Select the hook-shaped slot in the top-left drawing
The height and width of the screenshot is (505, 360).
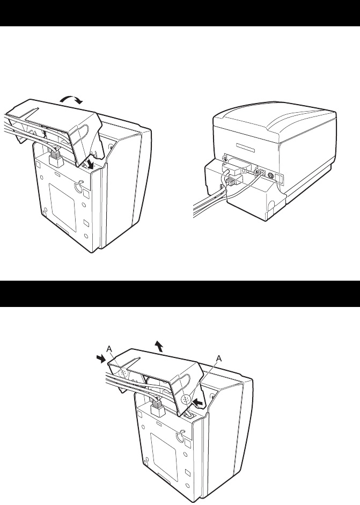(x=78, y=186)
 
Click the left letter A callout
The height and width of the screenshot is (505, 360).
(x=109, y=348)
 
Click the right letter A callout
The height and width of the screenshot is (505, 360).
(x=219, y=358)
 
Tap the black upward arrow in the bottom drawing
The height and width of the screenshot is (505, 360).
(x=159, y=346)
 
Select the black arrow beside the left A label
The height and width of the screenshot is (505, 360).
(x=101, y=358)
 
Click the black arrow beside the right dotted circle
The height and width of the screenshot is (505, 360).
(x=199, y=402)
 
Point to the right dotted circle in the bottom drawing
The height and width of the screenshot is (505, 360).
(x=186, y=399)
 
